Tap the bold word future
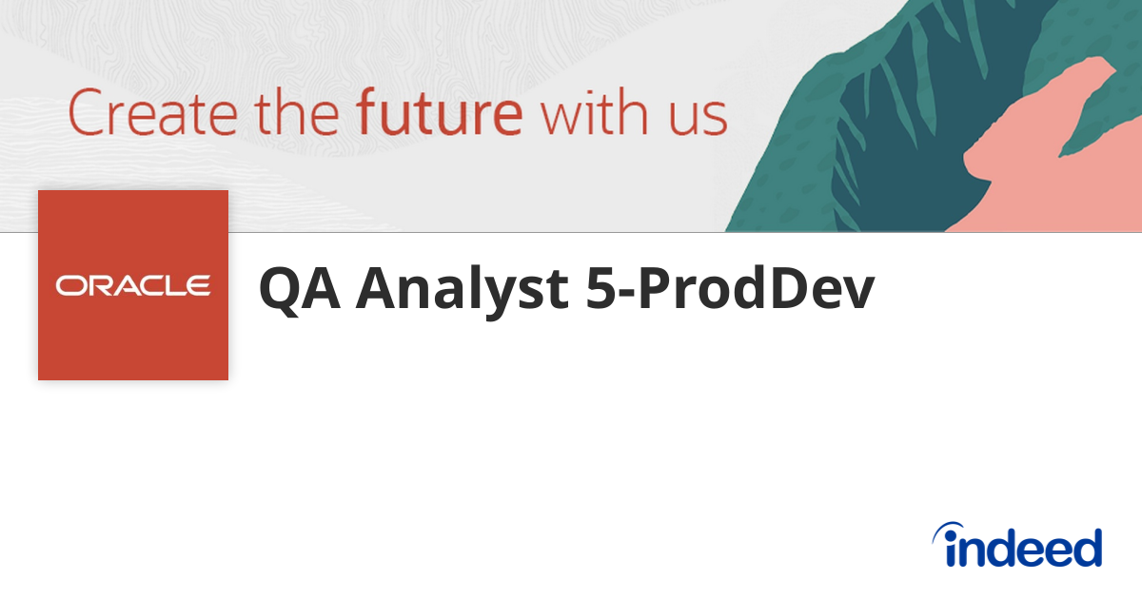tap(439, 112)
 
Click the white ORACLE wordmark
tap(133, 285)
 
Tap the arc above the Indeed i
tap(952, 530)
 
